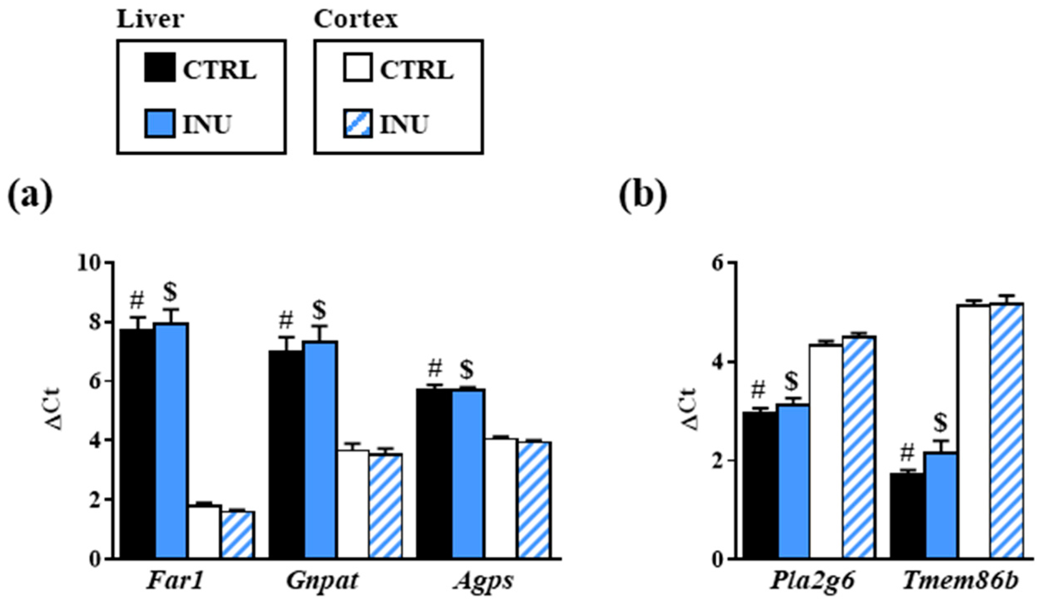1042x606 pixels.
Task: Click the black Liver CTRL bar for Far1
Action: [137, 444]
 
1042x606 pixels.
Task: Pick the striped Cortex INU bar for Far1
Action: [238, 535]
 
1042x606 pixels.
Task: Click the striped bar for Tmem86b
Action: [1007, 431]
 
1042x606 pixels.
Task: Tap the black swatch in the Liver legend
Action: [160, 67]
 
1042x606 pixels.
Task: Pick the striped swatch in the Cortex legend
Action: [357, 123]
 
